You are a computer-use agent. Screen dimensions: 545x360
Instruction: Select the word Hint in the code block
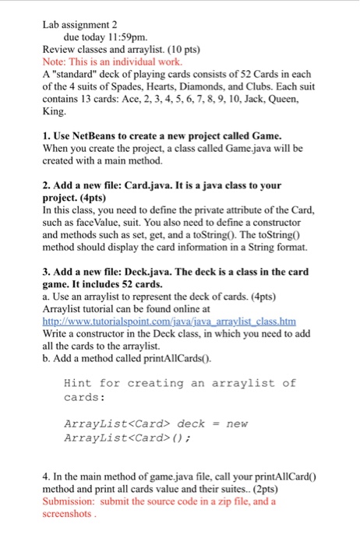click(79, 383)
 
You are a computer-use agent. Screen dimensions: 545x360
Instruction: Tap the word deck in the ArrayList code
click(191, 424)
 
